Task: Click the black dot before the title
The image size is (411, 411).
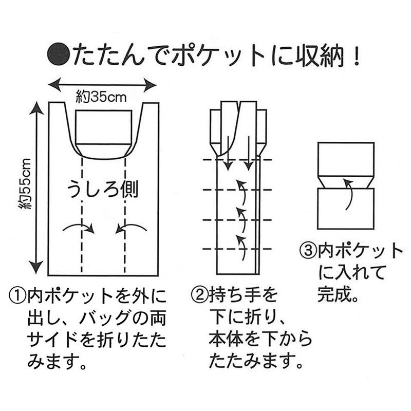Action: point(58,54)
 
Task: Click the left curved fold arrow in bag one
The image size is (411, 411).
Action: point(80,228)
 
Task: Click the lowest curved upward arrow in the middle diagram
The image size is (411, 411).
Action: point(240,244)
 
